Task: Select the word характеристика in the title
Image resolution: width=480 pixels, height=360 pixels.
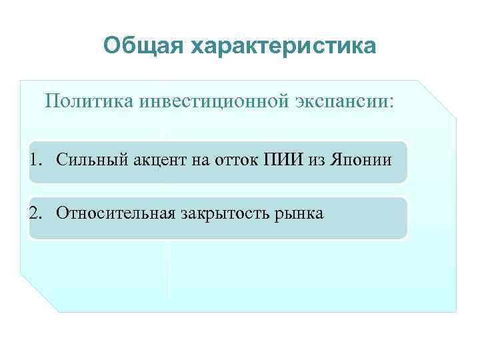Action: click(283, 47)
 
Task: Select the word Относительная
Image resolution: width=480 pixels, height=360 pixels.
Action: click(115, 213)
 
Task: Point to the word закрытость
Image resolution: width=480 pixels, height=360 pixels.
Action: click(222, 213)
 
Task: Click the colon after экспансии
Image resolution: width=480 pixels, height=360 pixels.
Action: click(391, 102)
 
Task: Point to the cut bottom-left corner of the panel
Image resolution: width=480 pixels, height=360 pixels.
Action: click(38, 293)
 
